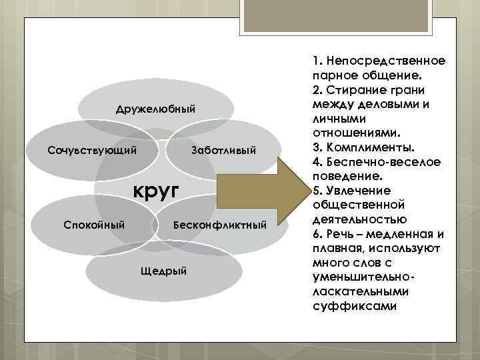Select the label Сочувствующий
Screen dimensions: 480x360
pos(92,149)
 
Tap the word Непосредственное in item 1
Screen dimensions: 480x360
pos(383,61)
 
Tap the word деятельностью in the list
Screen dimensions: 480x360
pos(357,219)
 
